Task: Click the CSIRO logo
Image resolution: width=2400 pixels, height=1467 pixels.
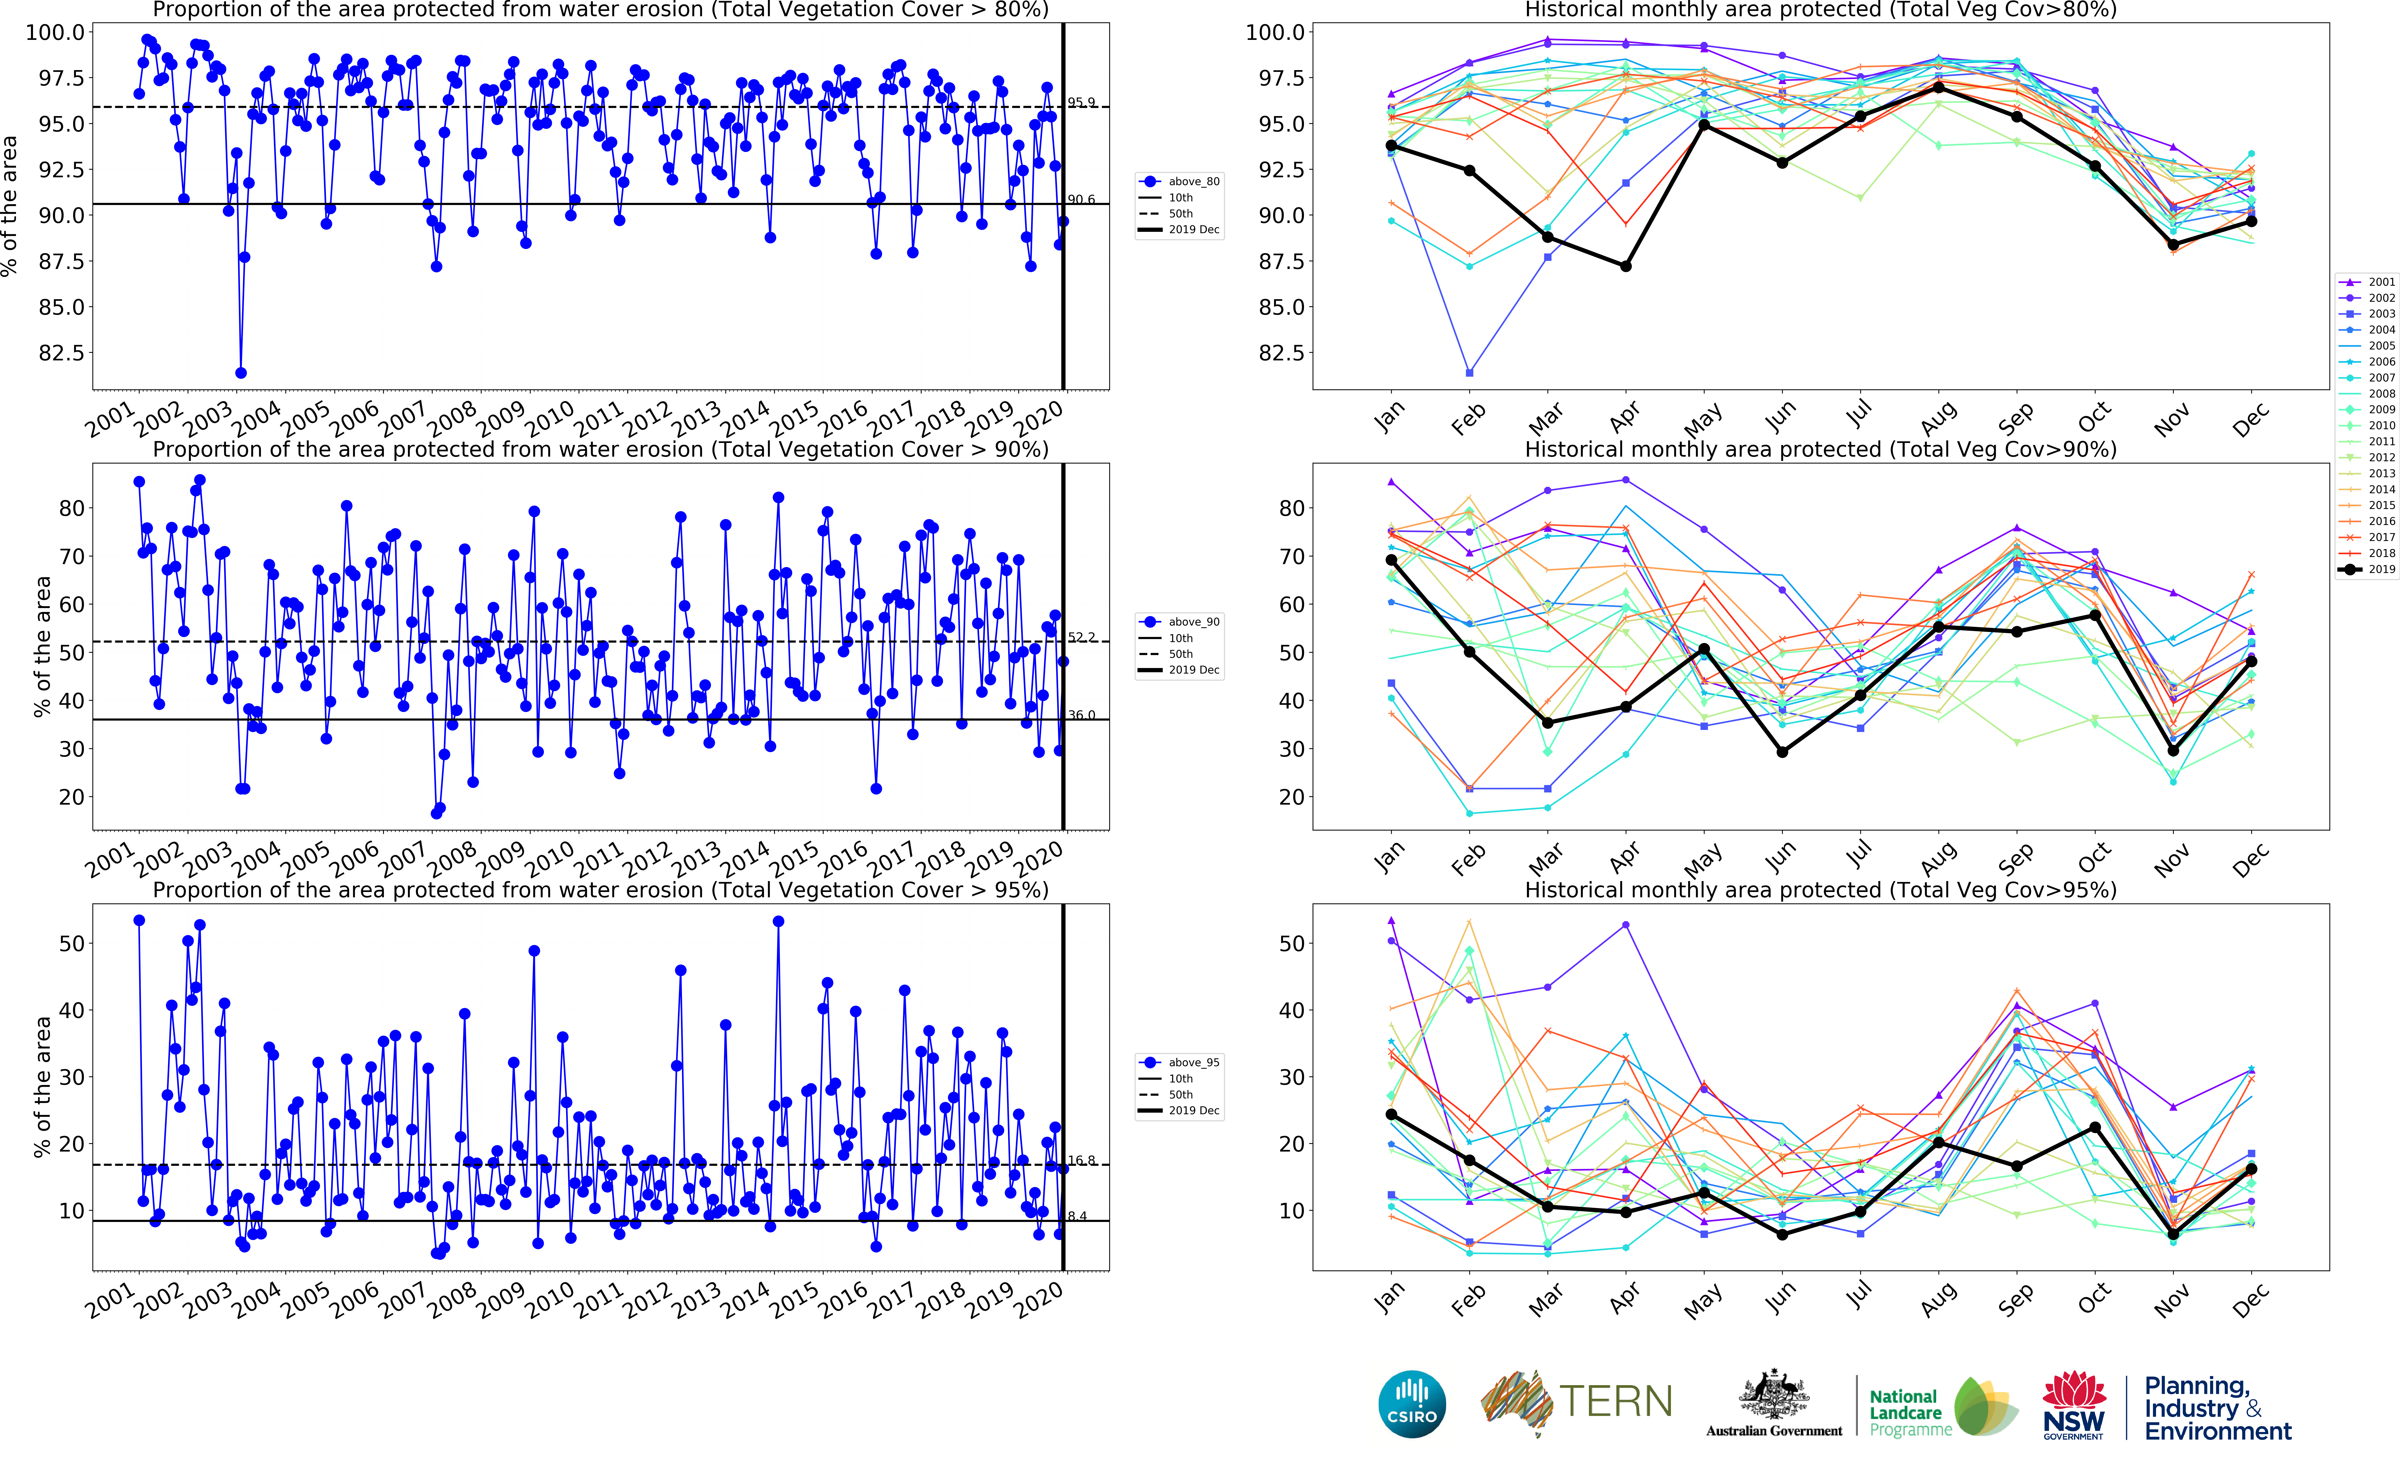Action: pos(1411,1404)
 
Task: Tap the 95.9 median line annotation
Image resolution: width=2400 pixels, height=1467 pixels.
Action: pos(1081,102)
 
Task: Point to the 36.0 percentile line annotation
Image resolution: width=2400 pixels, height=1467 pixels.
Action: pos(1081,715)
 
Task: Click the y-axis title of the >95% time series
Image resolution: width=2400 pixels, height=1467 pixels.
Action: pos(42,1087)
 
